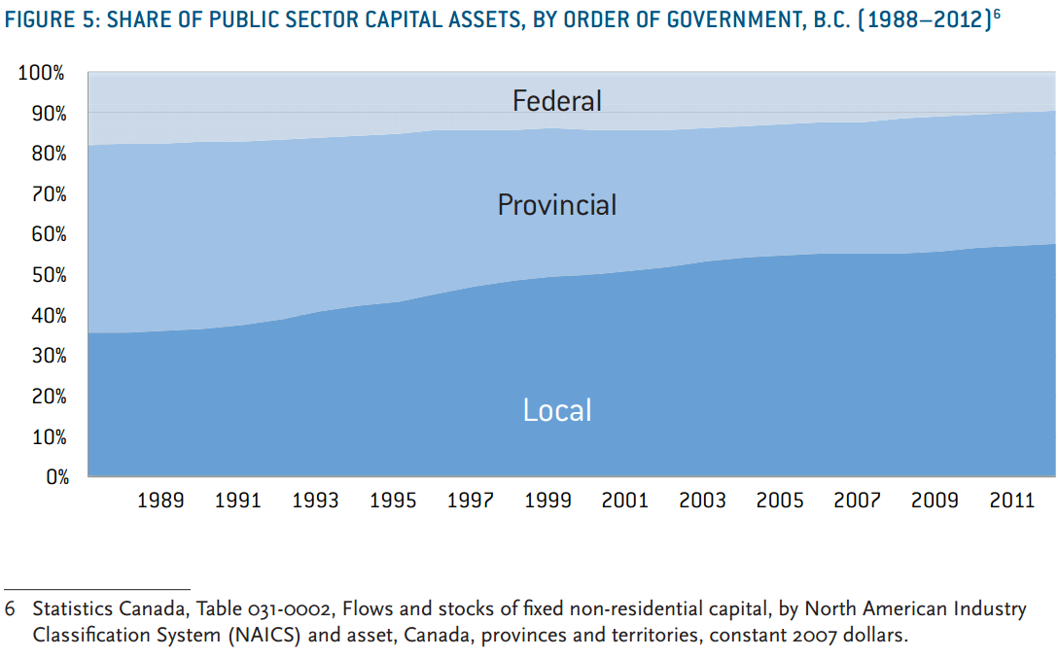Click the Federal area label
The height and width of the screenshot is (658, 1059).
point(557,100)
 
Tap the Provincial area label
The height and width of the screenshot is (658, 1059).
point(557,204)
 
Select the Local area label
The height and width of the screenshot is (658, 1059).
point(557,410)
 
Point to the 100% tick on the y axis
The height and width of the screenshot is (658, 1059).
point(41,73)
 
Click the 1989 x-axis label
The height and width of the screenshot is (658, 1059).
point(160,501)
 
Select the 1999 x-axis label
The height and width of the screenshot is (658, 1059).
point(547,501)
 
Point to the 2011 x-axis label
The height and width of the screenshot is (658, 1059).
point(1011,501)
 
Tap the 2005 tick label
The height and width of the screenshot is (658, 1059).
point(780,501)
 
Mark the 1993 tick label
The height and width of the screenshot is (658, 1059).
point(315,501)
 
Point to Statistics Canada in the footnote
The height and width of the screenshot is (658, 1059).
point(92,609)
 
